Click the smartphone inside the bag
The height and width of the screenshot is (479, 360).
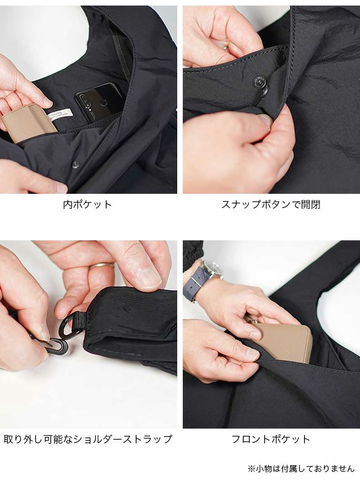point(99,102)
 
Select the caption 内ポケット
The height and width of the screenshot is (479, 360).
point(88,204)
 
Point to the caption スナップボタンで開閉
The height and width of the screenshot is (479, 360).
point(271,204)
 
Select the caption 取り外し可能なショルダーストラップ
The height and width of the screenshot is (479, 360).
point(88,439)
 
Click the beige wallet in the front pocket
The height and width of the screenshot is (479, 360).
point(283,342)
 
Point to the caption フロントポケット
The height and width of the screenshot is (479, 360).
point(271,439)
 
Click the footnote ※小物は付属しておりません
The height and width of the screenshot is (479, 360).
point(301,468)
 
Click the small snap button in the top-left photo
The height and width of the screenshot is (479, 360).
point(75,165)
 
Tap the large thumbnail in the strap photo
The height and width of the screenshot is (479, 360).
point(149,277)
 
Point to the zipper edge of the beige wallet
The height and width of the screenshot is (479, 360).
point(308,345)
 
